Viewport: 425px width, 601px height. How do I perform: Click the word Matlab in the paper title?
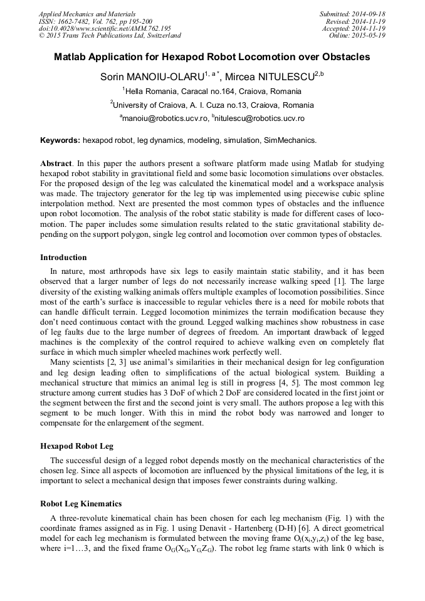pyautogui.click(x=71, y=57)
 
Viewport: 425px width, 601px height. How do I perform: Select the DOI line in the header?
pyautogui.click(x=105, y=28)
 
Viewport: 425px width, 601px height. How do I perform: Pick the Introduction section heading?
pyautogui.click(x=63, y=258)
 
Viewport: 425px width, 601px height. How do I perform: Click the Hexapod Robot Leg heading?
pyautogui.click(x=76, y=446)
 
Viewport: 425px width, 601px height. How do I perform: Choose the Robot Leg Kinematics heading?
pyautogui.click(x=81, y=504)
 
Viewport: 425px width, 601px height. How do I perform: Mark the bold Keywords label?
pyautogui.click(x=60, y=140)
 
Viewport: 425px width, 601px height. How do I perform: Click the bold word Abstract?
pyautogui.click(x=55, y=163)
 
